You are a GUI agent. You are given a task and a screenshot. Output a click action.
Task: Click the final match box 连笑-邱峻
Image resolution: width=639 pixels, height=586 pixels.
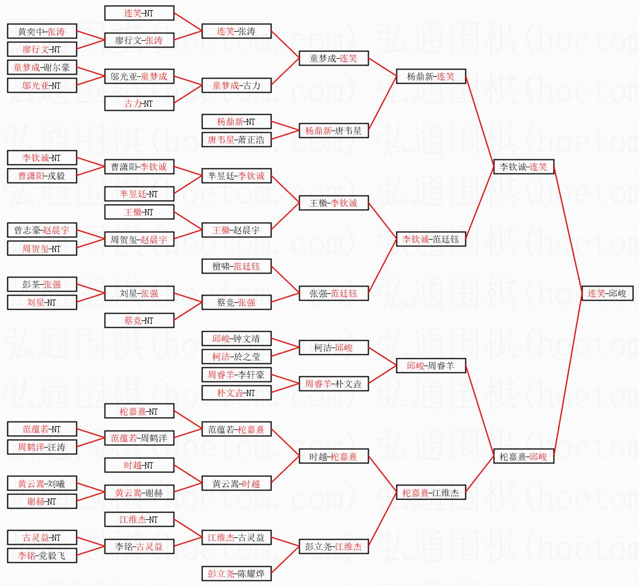tap(607, 293)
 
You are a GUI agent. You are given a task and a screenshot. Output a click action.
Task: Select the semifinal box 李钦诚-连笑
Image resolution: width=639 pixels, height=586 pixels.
tap(524, 167)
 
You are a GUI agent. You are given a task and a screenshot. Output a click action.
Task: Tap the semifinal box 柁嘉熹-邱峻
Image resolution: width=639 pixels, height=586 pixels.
tap(524, 456)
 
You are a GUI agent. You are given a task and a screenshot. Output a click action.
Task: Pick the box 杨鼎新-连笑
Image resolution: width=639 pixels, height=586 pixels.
tap(430, 76)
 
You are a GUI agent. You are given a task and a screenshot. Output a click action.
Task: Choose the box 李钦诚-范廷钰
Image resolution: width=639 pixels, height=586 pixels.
tap(430, 239)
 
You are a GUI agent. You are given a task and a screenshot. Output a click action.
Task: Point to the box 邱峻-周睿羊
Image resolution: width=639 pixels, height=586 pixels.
tap(430, 366)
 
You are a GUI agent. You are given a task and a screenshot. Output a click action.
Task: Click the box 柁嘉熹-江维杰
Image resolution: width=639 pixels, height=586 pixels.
tap(430, 492)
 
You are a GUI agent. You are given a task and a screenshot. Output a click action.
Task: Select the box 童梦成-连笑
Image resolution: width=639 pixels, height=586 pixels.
tap(334, 58)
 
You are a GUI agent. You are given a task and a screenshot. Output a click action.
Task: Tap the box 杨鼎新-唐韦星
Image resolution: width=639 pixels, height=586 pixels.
tap(334, 131)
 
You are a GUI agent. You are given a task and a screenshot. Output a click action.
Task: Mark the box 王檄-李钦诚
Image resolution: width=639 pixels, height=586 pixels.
tap(334, 203)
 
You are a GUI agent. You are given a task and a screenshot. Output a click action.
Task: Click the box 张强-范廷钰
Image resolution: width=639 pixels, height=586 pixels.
tap(334, 293)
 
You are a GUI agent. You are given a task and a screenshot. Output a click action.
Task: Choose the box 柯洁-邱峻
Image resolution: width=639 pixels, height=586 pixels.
tap(334, 348)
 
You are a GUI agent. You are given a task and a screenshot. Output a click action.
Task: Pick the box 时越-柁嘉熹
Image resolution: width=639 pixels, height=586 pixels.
tap(334, 456)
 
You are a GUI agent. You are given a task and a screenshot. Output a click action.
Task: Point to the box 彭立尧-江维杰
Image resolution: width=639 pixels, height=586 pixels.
tap(334, 546)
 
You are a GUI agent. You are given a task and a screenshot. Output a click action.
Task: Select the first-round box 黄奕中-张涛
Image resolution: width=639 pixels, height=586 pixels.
tap(42, 32)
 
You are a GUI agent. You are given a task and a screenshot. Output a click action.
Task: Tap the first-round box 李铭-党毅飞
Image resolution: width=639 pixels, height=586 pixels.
tap(42, 555)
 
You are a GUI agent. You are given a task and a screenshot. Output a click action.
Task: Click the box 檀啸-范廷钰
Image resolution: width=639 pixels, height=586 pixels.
tap(236, 266)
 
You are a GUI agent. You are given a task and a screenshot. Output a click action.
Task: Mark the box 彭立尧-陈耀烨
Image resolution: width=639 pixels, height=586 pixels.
tap(236, 574)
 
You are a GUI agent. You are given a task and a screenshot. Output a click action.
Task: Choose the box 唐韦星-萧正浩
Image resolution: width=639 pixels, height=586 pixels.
tap(236, 139)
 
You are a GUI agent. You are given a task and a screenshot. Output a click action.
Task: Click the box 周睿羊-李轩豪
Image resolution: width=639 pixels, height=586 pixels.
tap(236, 375)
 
